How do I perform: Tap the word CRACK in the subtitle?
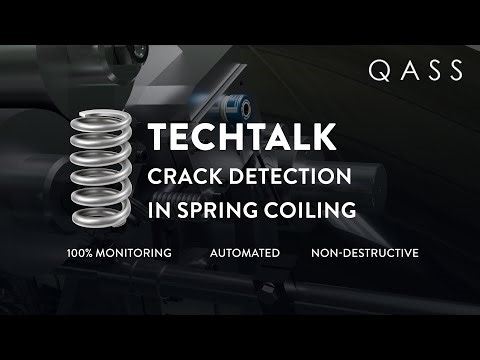(x=183, y=177)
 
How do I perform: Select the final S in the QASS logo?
(x=454, y=70)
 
